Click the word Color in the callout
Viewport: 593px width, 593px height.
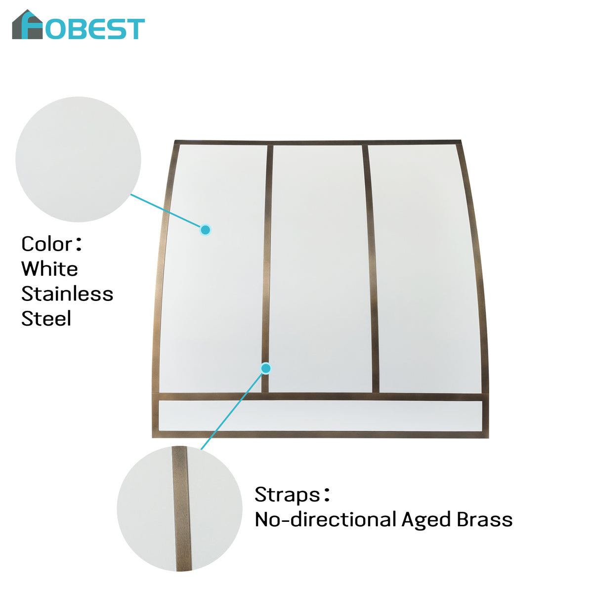47,244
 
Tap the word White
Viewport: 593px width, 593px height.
49,269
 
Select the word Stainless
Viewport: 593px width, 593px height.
67,294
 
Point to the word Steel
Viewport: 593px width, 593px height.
46,319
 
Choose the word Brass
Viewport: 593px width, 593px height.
485,519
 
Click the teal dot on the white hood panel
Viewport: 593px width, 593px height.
205,230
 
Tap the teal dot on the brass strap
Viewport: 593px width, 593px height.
266,368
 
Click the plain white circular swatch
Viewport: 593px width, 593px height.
78,160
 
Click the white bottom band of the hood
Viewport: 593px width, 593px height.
320,416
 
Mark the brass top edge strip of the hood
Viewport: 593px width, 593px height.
318,142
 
